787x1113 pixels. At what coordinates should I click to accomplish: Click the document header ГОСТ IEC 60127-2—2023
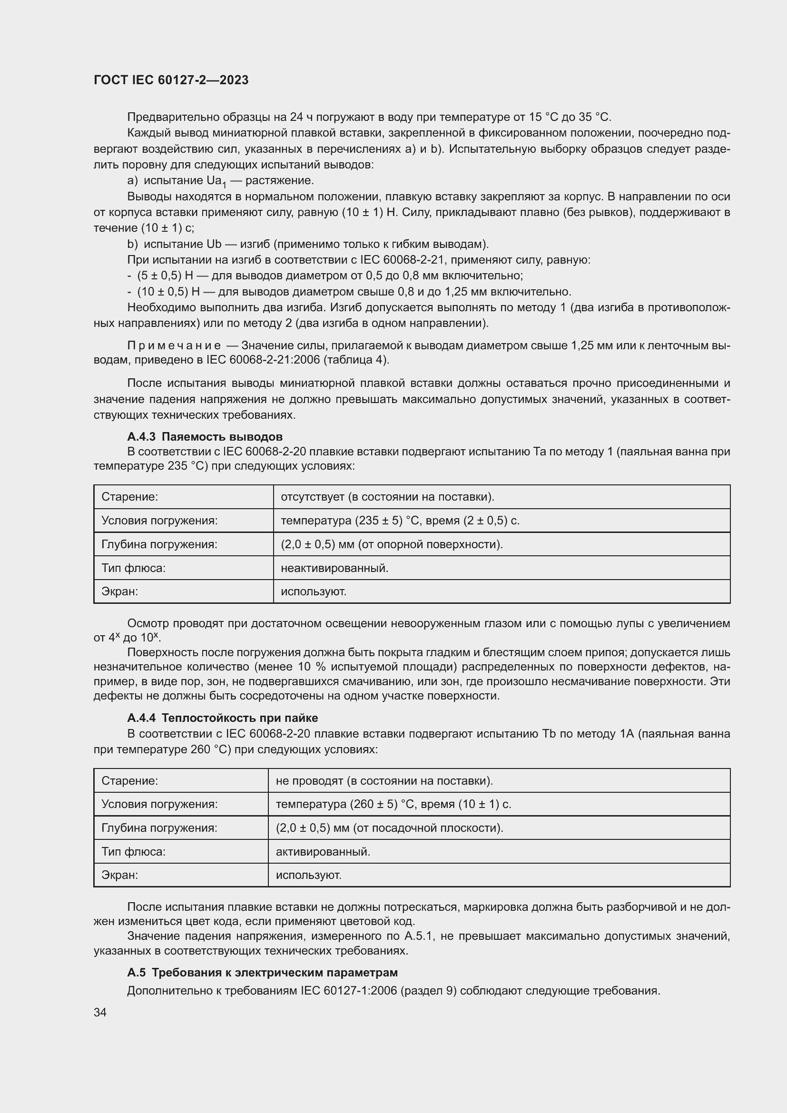tap(171, 80)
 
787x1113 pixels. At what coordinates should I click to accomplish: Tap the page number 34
tap(100, 1012)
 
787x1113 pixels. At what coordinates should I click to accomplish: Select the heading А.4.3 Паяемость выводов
tap(205, 436)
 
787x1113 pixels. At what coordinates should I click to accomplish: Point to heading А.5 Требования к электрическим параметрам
tap(262, 973)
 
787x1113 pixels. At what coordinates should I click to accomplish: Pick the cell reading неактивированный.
tap(334, 568)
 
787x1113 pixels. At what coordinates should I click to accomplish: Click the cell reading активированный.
tap(323, 851)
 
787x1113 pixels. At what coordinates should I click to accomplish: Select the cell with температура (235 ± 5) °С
tap(400, 521)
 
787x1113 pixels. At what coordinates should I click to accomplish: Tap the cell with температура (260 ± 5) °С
tap(393, 804)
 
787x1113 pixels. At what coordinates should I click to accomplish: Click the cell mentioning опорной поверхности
tap(392, 544)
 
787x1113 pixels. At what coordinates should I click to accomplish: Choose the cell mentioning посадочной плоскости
tap(389, 827)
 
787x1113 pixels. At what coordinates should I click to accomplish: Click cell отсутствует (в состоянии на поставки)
tap(387, 497)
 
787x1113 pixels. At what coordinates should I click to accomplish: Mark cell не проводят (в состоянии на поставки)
tap(384, 780)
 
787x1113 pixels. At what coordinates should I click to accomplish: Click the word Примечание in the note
tap(174, 345)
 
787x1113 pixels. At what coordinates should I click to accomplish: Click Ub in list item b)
tap(214, 244)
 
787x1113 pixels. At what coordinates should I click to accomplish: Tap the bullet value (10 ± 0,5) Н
tap(168, 292)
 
